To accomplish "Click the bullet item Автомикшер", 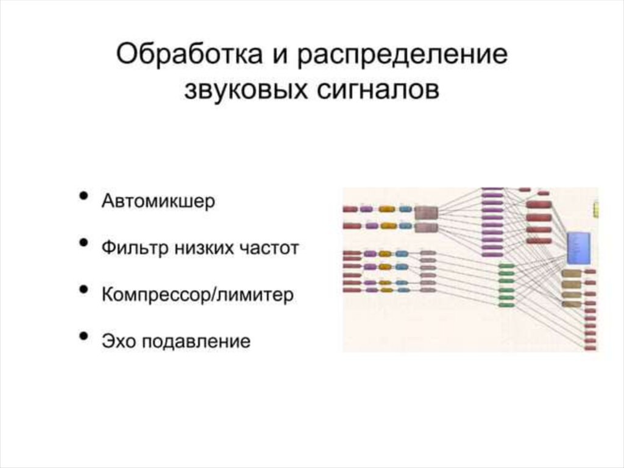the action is [158, 201].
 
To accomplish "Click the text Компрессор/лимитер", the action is [197, 295].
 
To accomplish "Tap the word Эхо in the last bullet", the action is [119, 340].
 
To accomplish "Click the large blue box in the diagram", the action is [576, 247].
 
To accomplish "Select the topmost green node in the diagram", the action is [507, 267].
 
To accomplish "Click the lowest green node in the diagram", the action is [507, 304].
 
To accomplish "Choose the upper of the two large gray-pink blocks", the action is [426, 212].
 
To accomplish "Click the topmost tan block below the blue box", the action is [571, 273].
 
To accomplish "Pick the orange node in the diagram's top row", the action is [386, 209].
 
